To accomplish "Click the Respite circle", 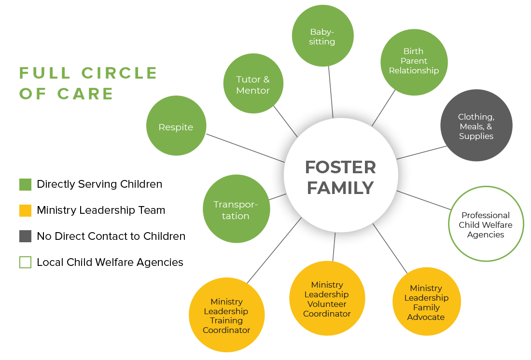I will click(176, 126).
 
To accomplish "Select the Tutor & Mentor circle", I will click(253, 83).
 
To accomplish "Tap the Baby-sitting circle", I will click(322, 36).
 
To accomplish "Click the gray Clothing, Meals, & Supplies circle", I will click(476, 126).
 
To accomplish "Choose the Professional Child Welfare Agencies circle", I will click(486, 224).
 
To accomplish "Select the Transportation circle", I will click(236, 209).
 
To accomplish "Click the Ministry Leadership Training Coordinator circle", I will click(226, 315).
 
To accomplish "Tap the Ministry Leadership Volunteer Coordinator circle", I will click(327, 299).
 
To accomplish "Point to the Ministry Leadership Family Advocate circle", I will click(426, 302).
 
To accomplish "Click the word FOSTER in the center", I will click(340, 167).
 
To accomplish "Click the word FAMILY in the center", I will click(340, 188).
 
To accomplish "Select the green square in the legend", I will click(26, 185).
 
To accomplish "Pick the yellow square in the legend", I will click(26, 211).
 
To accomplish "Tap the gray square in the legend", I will click(26, 236).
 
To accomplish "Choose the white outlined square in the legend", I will click(26, 262).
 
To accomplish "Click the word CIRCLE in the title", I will click(119, 73).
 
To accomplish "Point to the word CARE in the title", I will click(85, 94).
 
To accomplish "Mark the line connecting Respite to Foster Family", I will click(245, 147).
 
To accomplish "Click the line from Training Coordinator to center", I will click(274, 250).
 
